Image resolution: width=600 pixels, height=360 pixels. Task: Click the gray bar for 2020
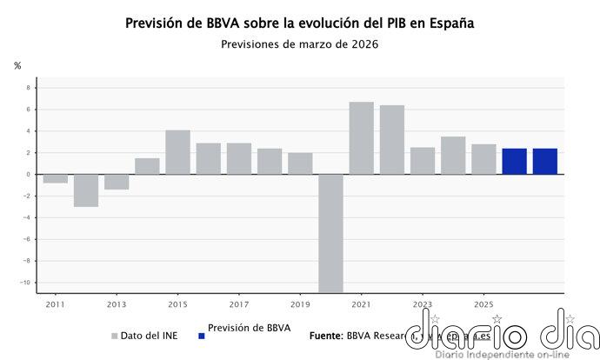coord(330,233)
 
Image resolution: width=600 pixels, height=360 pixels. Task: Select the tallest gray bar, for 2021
coord(361,138)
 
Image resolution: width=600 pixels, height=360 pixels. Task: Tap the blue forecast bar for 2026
coord(514,161)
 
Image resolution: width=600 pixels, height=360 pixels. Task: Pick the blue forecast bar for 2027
coord(544,161)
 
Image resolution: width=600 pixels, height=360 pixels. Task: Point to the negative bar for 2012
coord(86,190)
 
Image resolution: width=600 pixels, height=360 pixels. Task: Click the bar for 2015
coord(177,152)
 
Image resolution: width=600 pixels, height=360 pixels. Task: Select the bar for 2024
coord(453,156)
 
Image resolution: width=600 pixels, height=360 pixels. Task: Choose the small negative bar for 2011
coord(56,178)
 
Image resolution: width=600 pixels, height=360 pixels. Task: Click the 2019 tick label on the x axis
coord(300,305)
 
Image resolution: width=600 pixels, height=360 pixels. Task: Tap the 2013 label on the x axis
coord(117,305)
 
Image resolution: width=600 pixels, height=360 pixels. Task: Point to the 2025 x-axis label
coord(483,305)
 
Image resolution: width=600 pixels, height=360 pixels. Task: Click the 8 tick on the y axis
coord(28,88)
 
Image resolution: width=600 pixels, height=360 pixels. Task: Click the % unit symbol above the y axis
coord(17,66)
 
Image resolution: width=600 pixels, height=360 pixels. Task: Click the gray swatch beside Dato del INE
coord(114,335)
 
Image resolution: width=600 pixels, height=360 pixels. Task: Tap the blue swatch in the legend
coord(201,335)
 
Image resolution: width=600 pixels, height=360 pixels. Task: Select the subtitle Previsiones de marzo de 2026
coord(300,43)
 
